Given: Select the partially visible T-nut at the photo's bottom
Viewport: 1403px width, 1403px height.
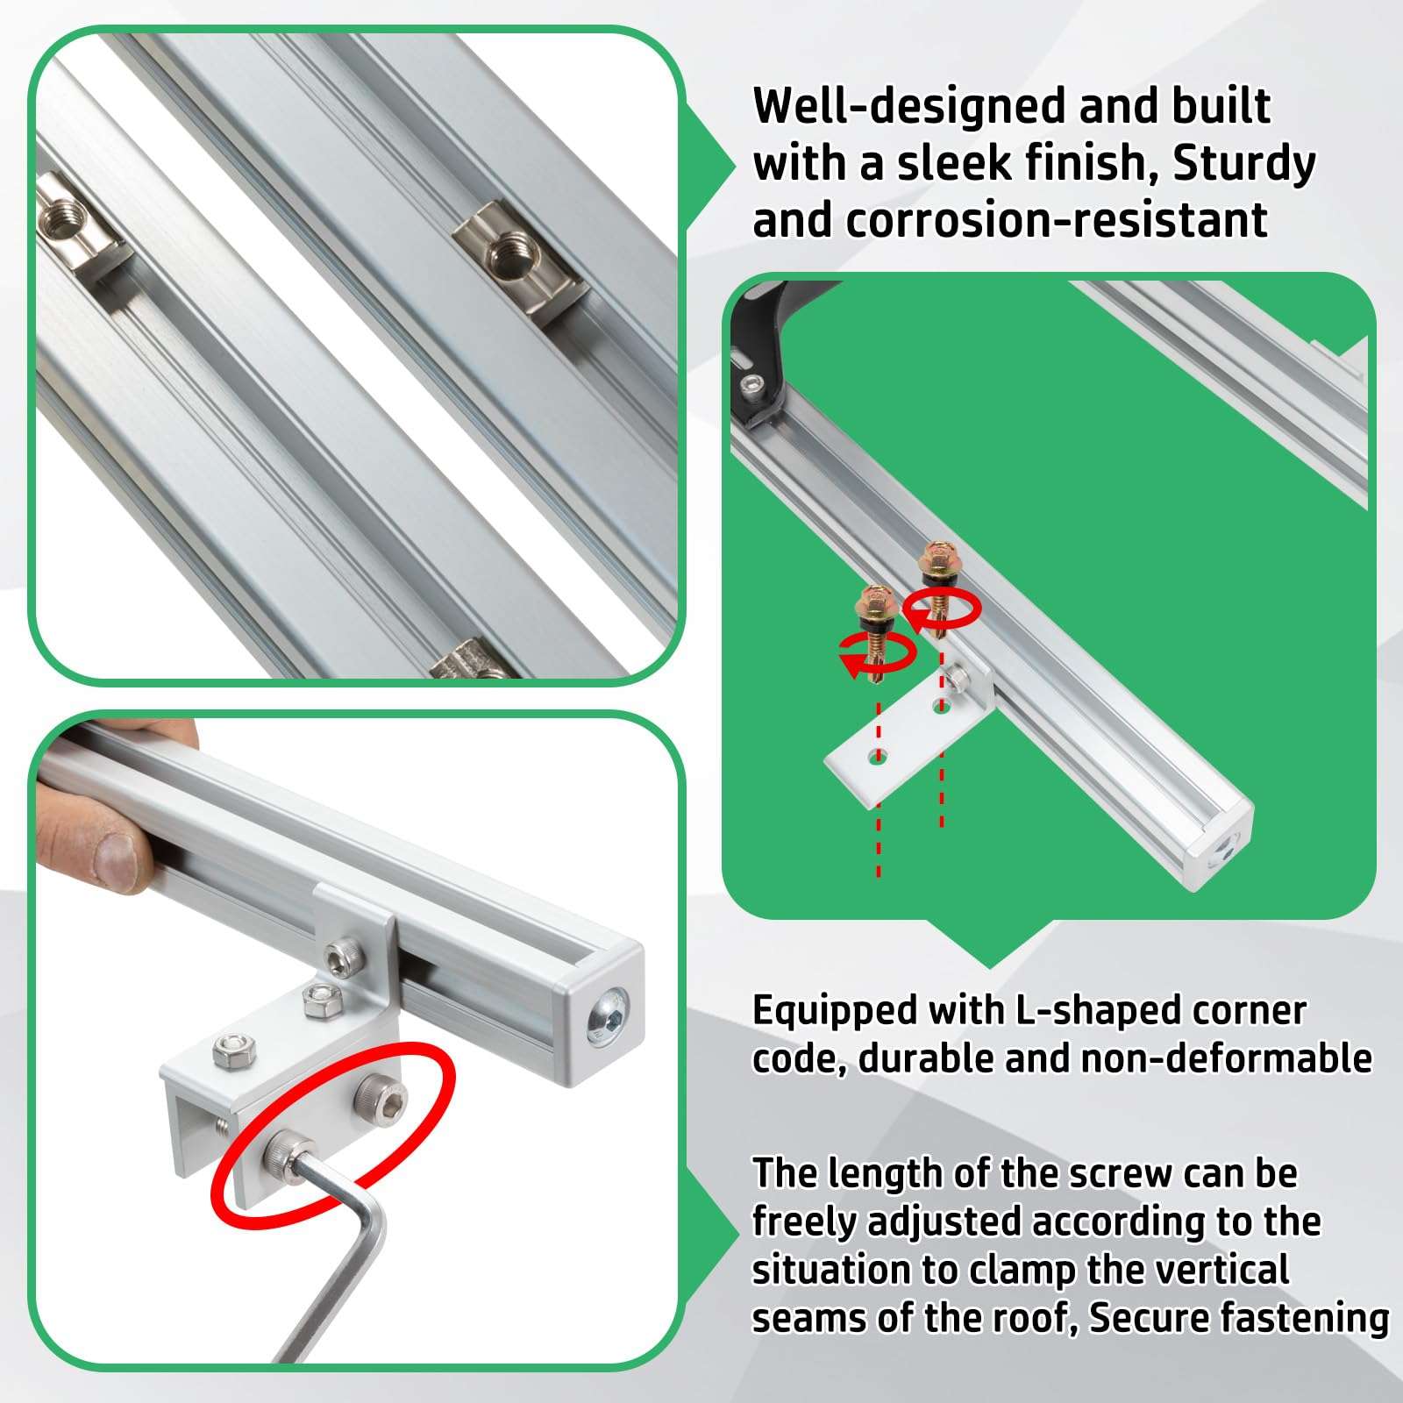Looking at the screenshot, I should click(469, 661).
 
